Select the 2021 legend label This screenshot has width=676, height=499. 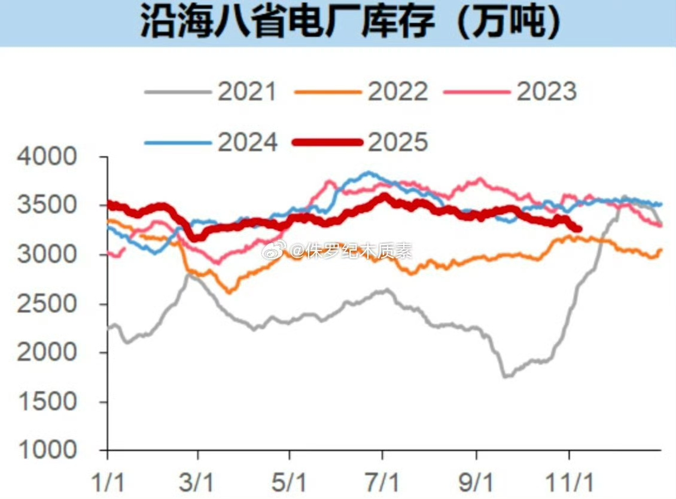[247, 91]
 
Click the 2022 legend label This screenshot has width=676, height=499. [398, 91]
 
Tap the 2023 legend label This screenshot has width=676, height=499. [547, 91]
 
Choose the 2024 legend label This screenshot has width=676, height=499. [247, 142]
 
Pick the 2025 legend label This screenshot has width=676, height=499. [398, 142]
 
